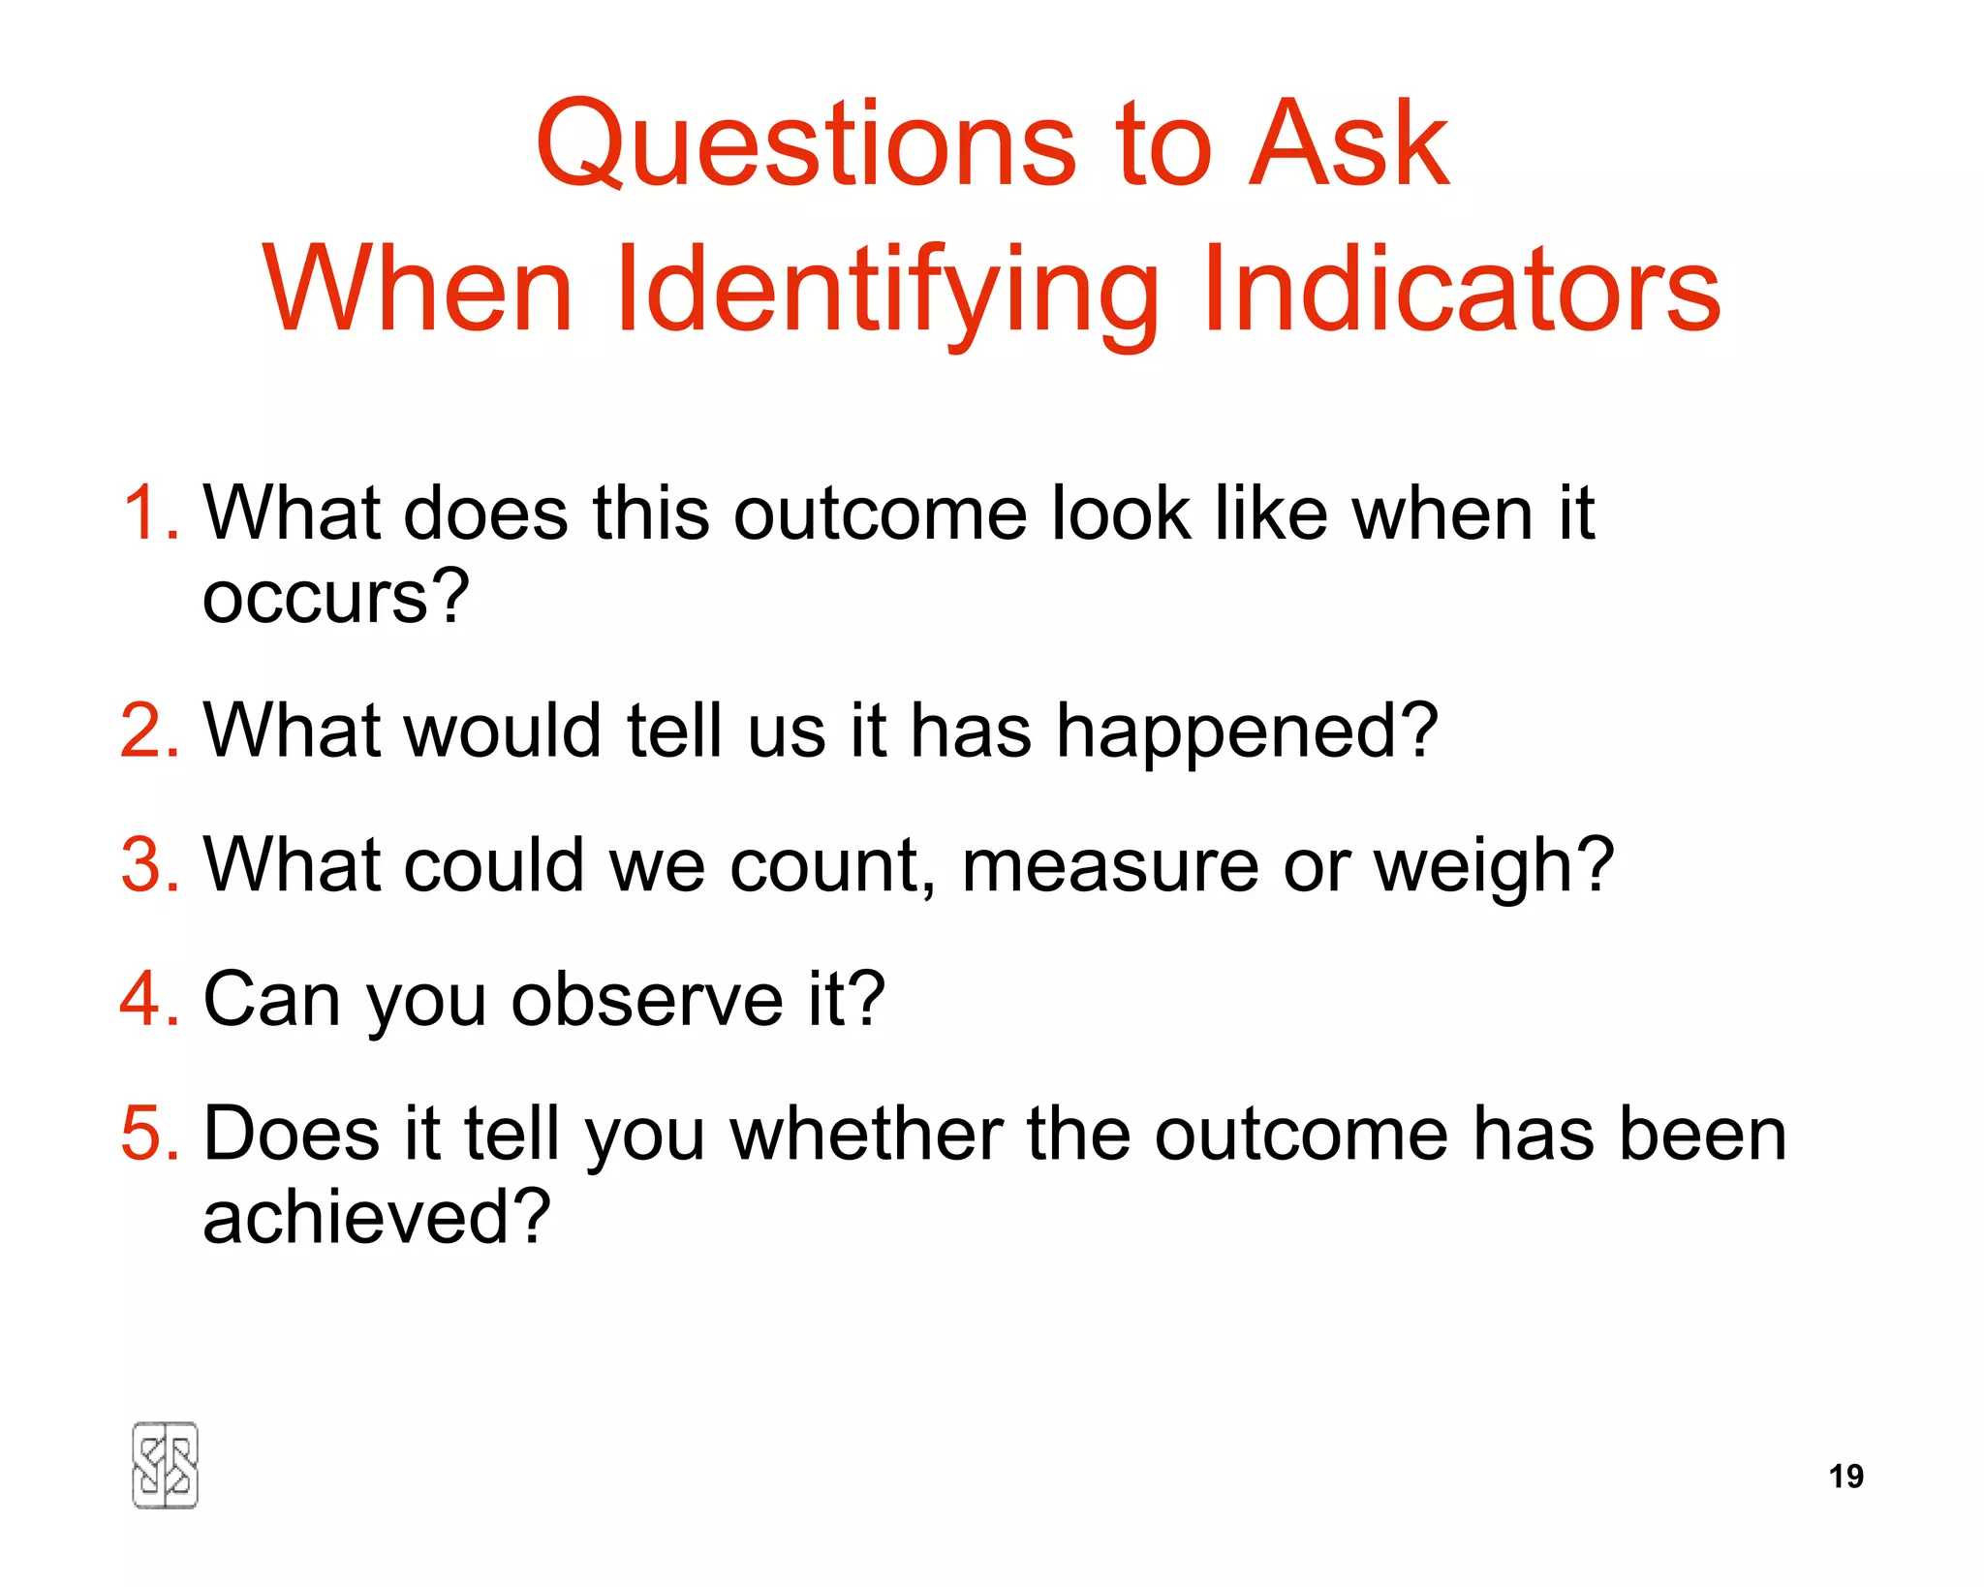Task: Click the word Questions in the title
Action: click(x=805, y=145)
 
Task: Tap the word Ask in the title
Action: click(x=1348, y=145)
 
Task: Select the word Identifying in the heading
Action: click(x=886, y=291)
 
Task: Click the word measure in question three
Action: click(x=1109, y=865)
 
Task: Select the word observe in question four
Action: click(x=646, y=999)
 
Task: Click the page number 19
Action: click(x=1845, y=1477)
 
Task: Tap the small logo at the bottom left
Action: click(x=165, y=1465)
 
